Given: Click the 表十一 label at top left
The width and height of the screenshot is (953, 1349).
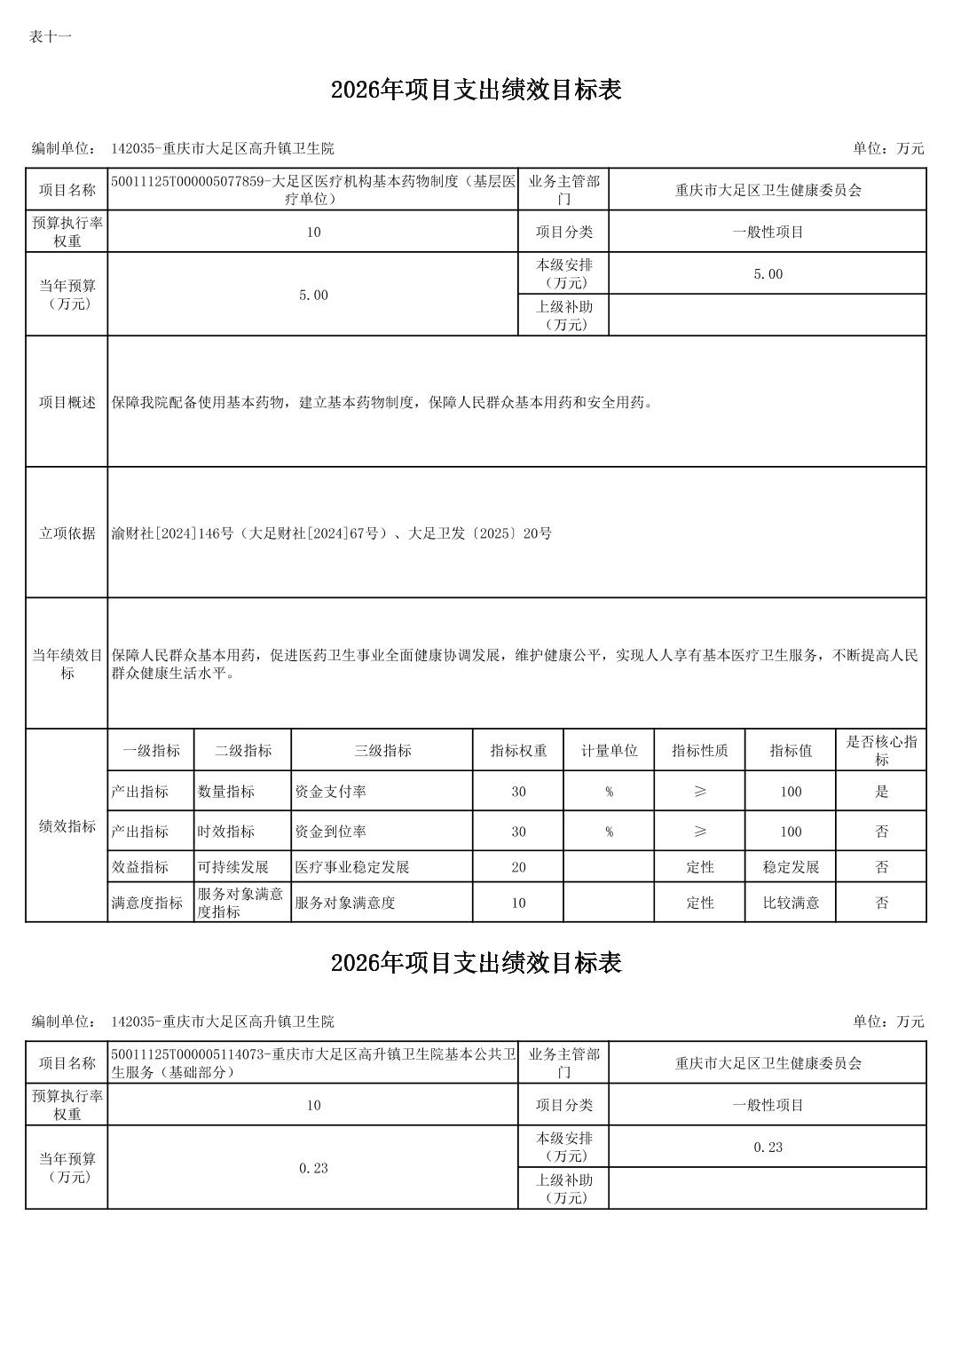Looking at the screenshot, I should pyautogui.click(x=50, y=36).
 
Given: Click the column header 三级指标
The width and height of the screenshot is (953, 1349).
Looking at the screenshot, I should pyautogui.click(x=382, y=751).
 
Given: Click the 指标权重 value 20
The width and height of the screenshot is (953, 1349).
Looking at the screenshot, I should pyautogui.click(x=518, y=867).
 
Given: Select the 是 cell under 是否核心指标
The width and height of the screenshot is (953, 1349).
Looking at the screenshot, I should pyautogui.click(x=881, y=792).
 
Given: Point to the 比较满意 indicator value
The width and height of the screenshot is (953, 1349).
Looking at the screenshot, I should pyautogui.click(x=791, y=903).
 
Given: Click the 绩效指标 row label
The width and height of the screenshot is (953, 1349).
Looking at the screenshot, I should pyautogui.click(x=67, y=826).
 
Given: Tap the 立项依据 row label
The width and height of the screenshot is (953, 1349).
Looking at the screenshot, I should pyautogui.click(x=67, y=533).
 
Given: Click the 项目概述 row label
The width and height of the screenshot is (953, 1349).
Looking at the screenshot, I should pyautogui.click(x=67, y=402).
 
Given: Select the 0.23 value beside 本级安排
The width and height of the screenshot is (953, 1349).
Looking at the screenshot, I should pyautogui.click(x=768, y=1148).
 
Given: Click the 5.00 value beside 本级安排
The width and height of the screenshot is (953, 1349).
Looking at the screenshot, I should pyautogui.click(x=768, y=274).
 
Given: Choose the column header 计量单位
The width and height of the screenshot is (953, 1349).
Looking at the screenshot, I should pyautogui.click(x=609, y=751).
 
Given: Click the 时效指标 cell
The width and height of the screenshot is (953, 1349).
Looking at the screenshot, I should pyautogui.click(x=225, y=832).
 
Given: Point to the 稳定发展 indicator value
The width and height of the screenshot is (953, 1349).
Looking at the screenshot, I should pyautogui.click(x=791, y=867).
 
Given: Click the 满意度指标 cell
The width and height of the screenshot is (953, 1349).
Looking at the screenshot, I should pyautogui.click(x=146, y=903).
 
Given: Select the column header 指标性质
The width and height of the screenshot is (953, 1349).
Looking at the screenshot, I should pyautogui.click(x=699, y=751).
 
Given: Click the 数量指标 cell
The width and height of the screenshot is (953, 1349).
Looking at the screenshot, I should pyautogui.click(x=225, y=792).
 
